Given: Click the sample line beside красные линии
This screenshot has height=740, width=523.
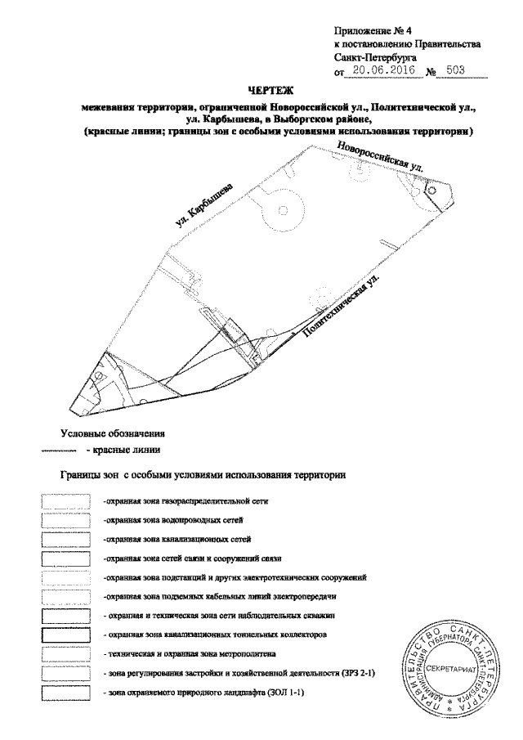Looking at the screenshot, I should tap(57, 451).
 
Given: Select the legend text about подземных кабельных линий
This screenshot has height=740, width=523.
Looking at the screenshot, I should tap(220, 597).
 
